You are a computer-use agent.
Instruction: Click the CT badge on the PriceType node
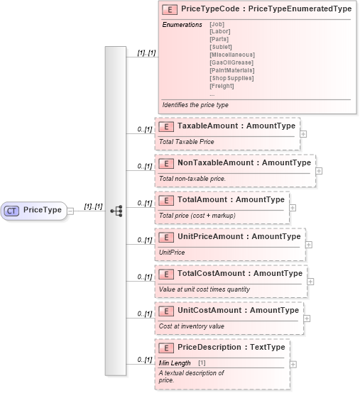click(13, 210)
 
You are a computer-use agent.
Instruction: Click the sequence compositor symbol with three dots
click(116, 211)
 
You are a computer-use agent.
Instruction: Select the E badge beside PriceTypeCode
click(170, 9)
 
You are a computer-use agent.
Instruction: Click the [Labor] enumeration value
click(220, 32)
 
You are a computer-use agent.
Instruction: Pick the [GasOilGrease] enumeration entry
click(232, 62)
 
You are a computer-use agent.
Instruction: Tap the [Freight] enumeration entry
click(222, 86)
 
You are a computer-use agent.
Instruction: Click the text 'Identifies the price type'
click(195, 104)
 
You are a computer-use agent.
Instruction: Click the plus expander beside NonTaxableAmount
click(319, 170)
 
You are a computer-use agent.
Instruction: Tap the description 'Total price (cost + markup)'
click(198, 215)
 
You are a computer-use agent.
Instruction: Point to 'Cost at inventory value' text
click(191, 326)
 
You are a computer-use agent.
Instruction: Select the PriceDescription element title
click(231, 347)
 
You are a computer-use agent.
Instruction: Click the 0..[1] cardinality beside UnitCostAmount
click(145, 314)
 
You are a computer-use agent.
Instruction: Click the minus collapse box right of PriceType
click(70, 211)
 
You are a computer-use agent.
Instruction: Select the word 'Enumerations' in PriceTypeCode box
click(182, 25)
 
